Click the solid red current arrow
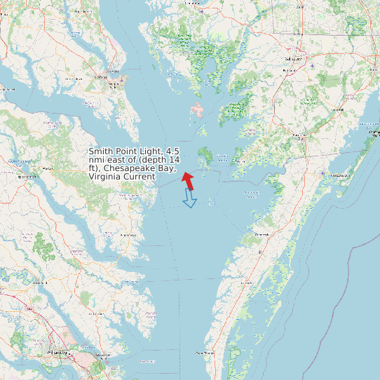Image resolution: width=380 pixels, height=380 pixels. pos(188,179)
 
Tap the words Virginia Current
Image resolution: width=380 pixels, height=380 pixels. pos(122,177)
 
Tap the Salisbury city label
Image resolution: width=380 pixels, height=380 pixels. pos(291,60)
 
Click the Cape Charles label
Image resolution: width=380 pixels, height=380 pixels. pos(205,353)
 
